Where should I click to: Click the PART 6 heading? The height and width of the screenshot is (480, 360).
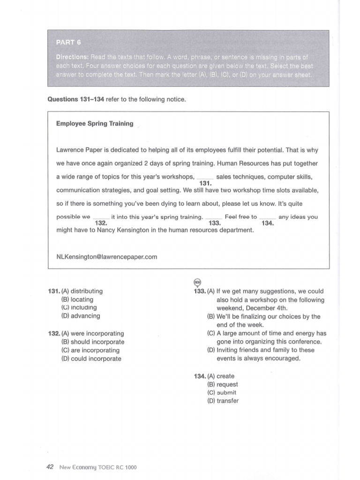[68, 42]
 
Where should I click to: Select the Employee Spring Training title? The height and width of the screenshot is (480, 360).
[95, 124]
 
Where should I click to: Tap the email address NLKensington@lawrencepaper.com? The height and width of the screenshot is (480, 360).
[106, 257]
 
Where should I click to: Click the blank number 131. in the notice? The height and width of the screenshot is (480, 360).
[205, 183]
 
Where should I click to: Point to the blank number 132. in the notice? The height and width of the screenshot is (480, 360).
[101, 223]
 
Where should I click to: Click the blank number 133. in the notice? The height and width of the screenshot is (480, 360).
[215, 223]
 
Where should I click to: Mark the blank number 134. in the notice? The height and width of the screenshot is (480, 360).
[268, 223]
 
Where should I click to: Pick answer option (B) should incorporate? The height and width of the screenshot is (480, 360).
[92, 342]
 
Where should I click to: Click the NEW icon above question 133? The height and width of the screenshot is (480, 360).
[197, 282]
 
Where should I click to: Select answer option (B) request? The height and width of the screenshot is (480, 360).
[223, 384]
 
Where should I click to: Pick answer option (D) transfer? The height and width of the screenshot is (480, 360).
[223, 401]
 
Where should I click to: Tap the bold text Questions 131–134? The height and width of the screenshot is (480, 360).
[75, 99]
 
